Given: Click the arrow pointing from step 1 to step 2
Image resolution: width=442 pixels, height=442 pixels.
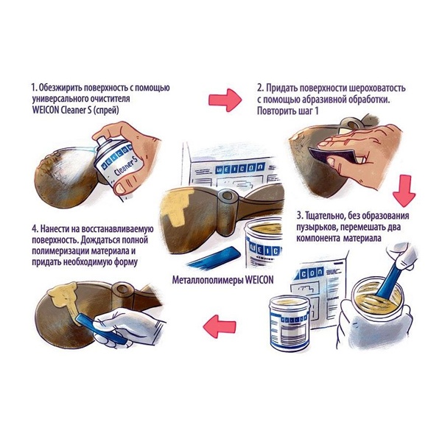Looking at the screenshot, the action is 225,99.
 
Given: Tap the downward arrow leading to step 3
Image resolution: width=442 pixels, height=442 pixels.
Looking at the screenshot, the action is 404,191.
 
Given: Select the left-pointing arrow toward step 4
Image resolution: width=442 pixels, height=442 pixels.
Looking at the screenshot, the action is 220,326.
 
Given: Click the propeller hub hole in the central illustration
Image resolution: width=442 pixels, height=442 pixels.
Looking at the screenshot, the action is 226,195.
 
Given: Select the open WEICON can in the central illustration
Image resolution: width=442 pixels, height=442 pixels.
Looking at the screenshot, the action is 263,242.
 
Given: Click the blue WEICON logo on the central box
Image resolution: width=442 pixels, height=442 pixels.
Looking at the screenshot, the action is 240,169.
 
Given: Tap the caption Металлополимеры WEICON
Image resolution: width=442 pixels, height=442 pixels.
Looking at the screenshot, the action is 222,280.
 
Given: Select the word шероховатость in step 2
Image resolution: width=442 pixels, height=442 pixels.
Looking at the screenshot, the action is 377,88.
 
